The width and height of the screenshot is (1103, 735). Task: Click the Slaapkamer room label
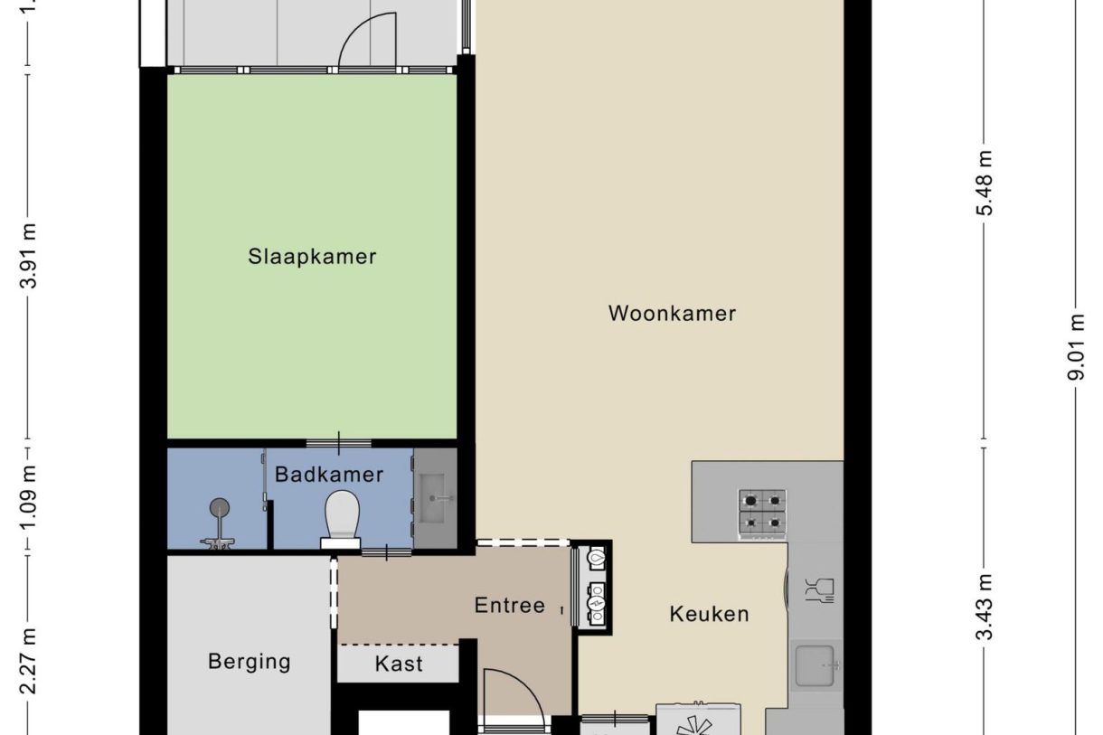(x=312, y=257)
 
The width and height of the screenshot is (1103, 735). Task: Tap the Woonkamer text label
(x=672, y=314)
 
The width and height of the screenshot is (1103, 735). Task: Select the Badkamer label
(x=329, y=475)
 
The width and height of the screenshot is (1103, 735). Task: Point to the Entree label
(x=510, y=606)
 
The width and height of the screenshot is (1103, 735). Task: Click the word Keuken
(x=709, y=614)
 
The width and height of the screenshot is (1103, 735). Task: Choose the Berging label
(x=250, y=662)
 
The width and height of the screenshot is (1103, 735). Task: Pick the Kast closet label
(x=399, y=664)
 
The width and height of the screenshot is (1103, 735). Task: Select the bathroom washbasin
(x=435, y=498)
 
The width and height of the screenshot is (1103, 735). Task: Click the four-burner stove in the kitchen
(x=762, y=513)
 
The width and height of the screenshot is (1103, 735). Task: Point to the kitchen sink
(x=816, y=666)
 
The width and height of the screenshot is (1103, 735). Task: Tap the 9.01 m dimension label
(x=1077, y=347)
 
